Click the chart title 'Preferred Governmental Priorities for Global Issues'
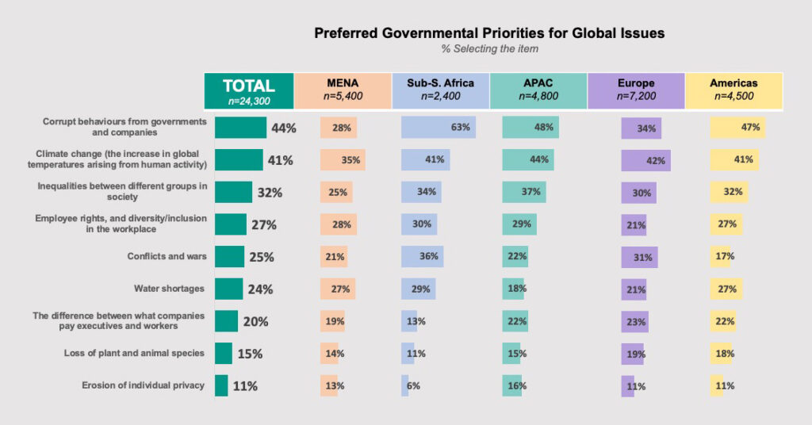click(x=489, y=33)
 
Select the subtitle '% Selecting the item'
click(x=489, y=49)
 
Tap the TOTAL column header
click(x=249, y=90)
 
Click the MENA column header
click(x=343, y=90)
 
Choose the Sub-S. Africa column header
click(x=440, y=90)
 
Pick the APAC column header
click(x=538, y=90)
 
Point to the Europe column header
click(x=635, y=90)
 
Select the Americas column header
click(x=733, y=90)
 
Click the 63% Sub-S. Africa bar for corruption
click(x=438, y=128)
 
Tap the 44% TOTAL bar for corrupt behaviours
click(x=240, y=128)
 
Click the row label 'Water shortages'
click(x=170, y=289)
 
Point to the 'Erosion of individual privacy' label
click(x=143, y=385)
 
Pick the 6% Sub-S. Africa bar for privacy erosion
click(x=405, y=385)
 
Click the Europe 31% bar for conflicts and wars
click(x=639, y=257)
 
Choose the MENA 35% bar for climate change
click(x=342, y=159)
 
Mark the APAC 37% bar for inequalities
click(x=524, y=192)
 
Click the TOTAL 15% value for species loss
click(x=250, y=354)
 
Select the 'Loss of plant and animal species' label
click(x=134, y=353)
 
